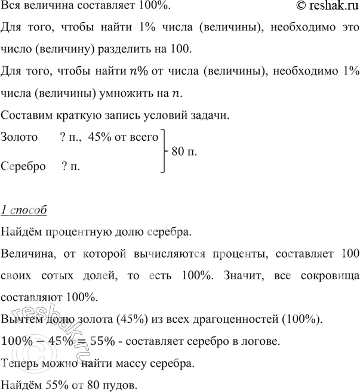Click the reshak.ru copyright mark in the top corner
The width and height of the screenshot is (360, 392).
[x=325, y=6]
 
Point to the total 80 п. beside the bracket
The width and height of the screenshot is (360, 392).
[x=184, y=152]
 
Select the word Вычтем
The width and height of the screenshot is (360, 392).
[x=21, y=319]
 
